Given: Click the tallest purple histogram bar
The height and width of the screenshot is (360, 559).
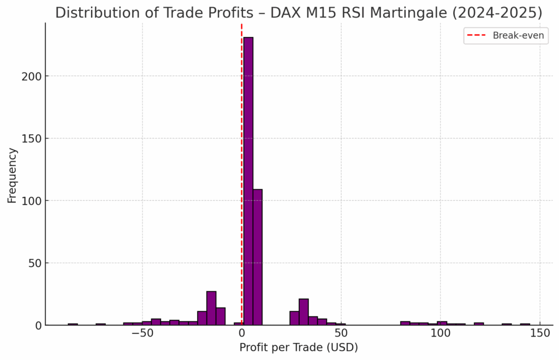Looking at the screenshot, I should (x=248, y=180).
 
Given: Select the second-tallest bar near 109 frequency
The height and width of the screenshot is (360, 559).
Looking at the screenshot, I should (x=257, y=256).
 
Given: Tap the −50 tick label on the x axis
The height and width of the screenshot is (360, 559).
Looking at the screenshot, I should (x=142, y=333).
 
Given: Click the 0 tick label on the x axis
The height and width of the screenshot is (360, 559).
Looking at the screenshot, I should (x=242, y=333).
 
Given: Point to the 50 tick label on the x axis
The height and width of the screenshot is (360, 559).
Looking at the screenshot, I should (x=341, y=333).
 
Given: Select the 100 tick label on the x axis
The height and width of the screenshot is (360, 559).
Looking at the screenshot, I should (x=441, y=333).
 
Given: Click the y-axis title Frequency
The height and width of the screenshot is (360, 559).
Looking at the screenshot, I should (x=12, y=176).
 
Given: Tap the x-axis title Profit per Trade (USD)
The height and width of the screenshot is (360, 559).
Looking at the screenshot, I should (x=299, y=347).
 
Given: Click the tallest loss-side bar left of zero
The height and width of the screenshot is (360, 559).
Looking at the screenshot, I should (x=211, y=308).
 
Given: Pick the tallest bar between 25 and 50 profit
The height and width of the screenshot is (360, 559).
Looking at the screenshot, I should (x=304, y=312).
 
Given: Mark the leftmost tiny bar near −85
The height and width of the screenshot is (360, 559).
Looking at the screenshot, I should (x=73, y=324).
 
